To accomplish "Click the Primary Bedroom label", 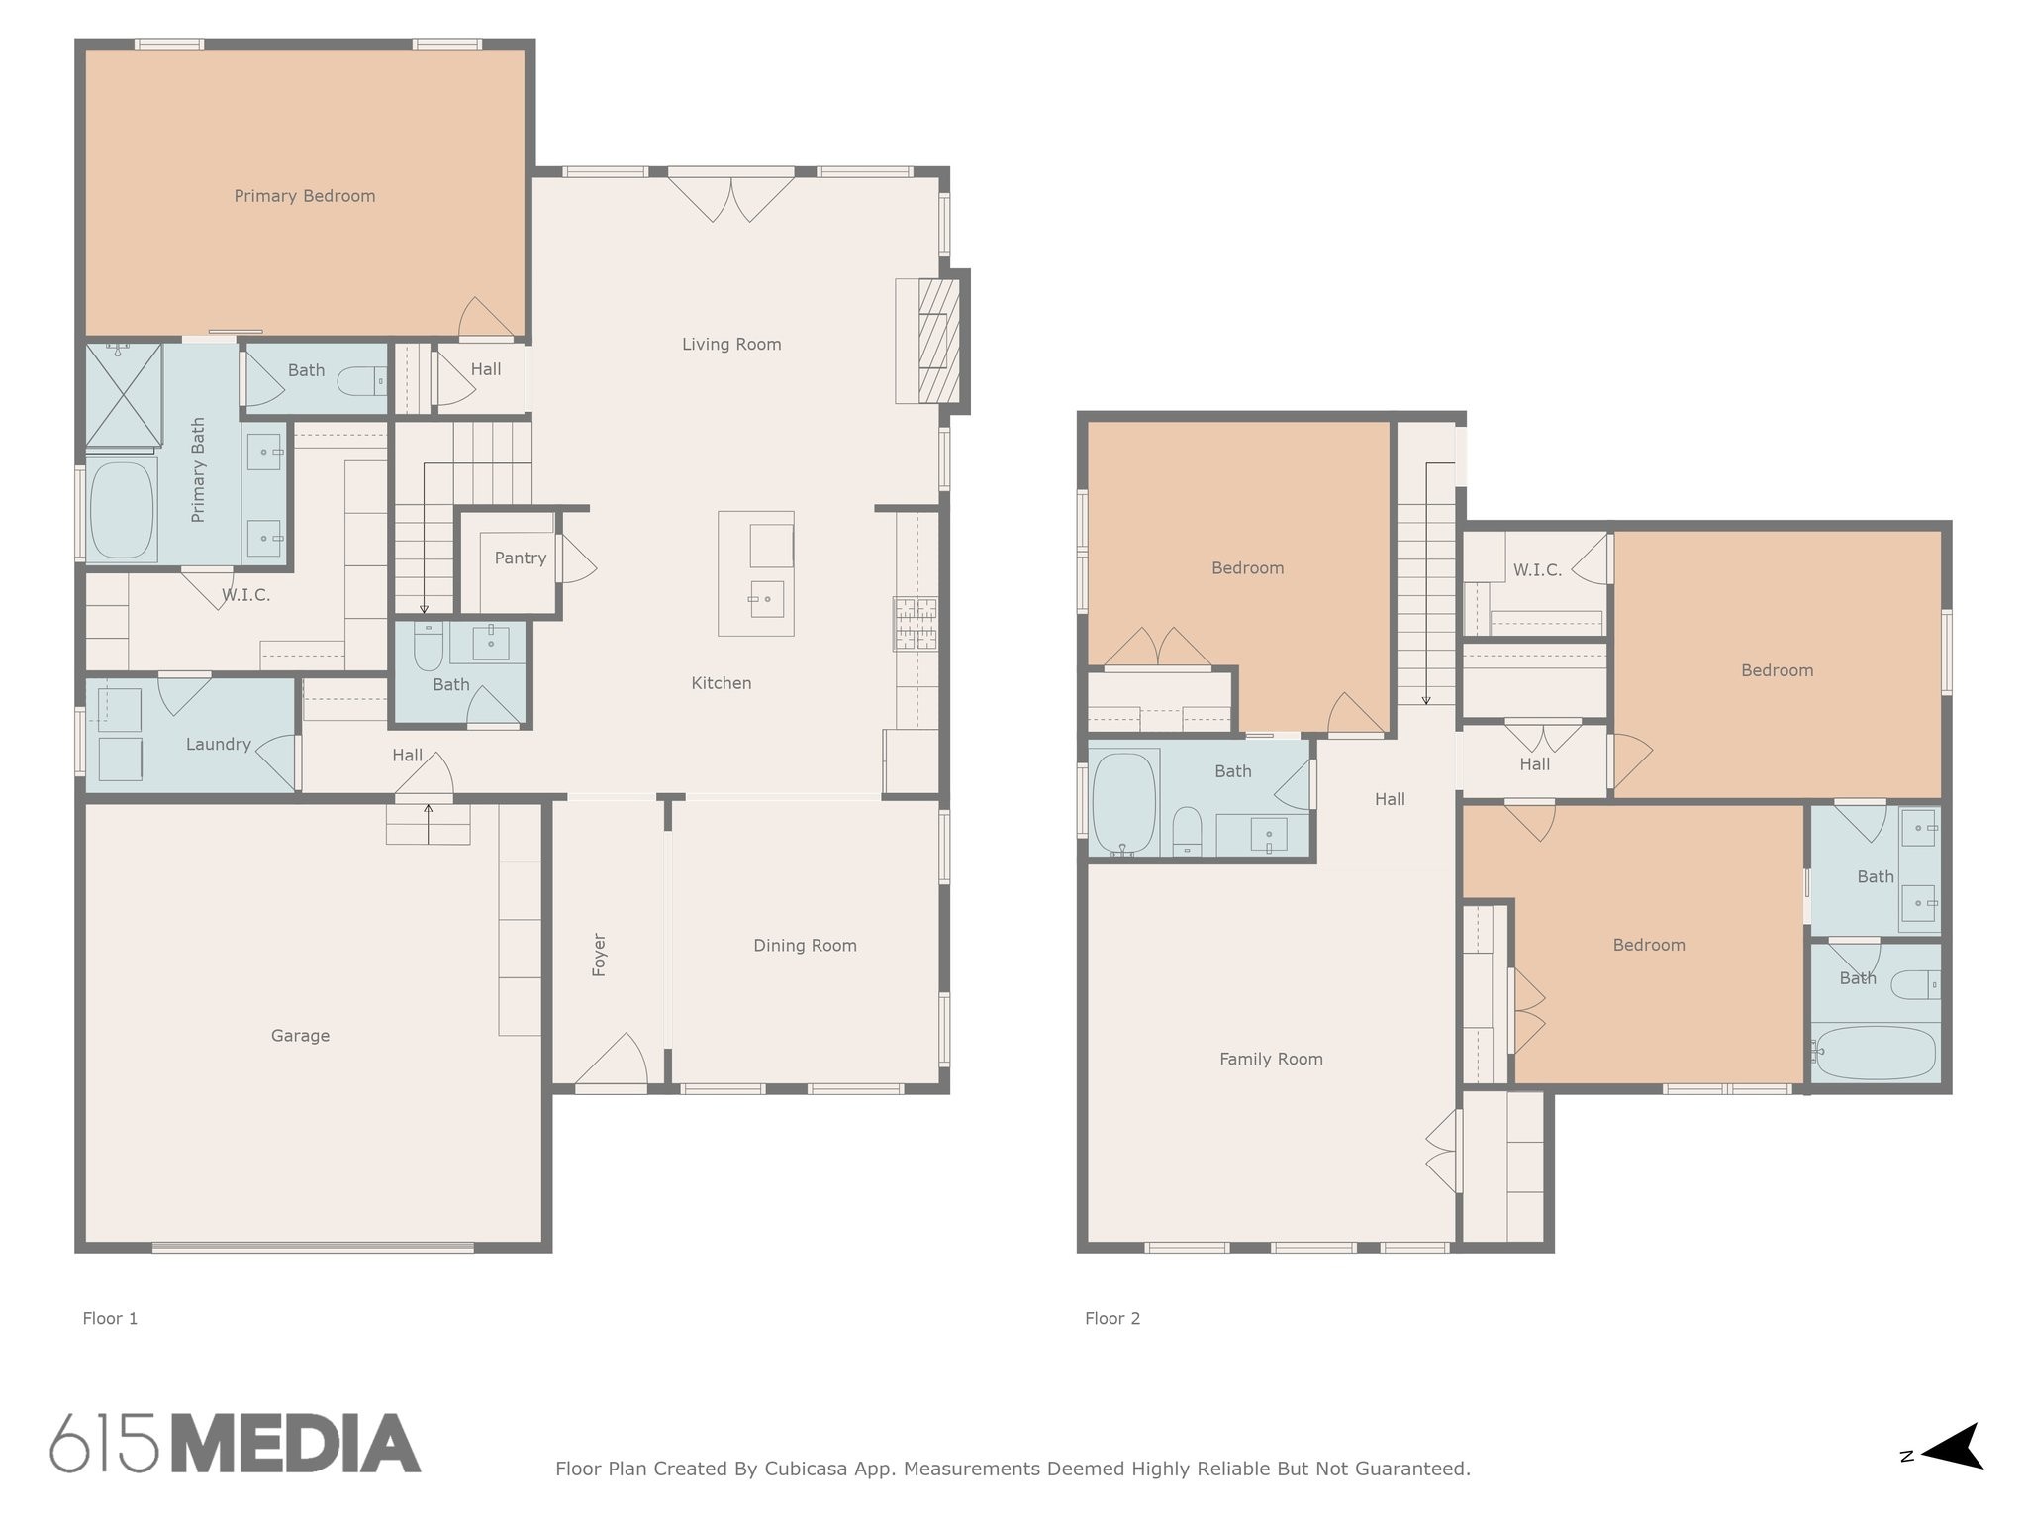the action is tap(305, 196).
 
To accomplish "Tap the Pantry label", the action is tap(521, 558).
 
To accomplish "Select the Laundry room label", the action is tap(219, 745).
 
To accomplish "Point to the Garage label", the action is tap(300, 1036).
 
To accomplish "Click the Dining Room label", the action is tap(806, 946).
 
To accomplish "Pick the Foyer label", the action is tap(599, 955).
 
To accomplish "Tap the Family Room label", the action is tap(1271, 1060).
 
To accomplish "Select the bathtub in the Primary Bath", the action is tap(123, 511).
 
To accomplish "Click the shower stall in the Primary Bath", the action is tap(124, 394).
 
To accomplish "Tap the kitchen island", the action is tap(756, 573).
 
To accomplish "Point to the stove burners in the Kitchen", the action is tap(916, 624).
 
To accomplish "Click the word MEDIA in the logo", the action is tap(296, 1443).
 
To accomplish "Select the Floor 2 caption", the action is tap(1112, 1318).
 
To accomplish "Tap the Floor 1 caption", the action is tap(110, 1318).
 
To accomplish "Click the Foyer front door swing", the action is tap(612, 1061).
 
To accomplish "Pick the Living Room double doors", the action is tap(731, 198).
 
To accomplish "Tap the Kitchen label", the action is tap(722, 683).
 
